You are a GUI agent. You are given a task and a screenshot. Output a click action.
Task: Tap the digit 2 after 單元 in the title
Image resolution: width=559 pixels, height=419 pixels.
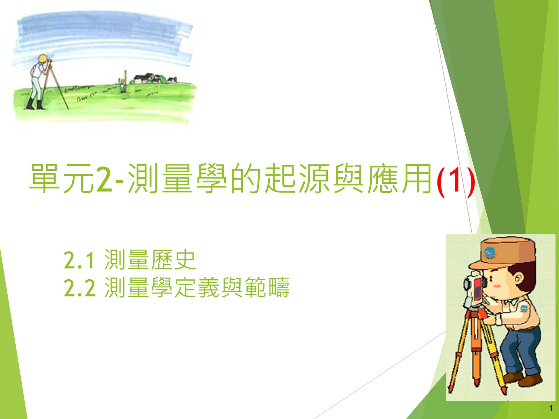(x=103, y=179)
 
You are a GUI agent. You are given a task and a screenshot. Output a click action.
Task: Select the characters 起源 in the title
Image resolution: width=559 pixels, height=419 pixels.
(x=297, y=178)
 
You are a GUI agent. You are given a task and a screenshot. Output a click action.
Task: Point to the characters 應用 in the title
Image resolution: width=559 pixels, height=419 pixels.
(x=400, y=178)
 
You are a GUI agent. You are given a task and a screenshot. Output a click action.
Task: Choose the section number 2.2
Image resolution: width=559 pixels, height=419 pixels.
(x=80, y=288)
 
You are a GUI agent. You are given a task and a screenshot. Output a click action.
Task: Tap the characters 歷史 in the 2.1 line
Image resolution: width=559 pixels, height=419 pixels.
(x=173, y=259)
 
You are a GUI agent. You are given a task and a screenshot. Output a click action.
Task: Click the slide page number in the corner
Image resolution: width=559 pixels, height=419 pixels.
(x=551, y=408)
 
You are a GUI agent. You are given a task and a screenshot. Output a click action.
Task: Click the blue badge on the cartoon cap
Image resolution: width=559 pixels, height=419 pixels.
(x=489, y=252)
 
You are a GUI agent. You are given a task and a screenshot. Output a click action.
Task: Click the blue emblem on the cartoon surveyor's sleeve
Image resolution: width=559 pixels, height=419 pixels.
(x=524, y=309)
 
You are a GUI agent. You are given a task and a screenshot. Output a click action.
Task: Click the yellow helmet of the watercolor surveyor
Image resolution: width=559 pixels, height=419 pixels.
(x=42, y=59)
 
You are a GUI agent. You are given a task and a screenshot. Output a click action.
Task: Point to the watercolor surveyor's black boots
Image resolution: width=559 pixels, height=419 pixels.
(x=35, y=104)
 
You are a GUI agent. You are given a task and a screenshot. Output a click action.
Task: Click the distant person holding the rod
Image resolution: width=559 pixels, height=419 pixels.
(x=123, y=85)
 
